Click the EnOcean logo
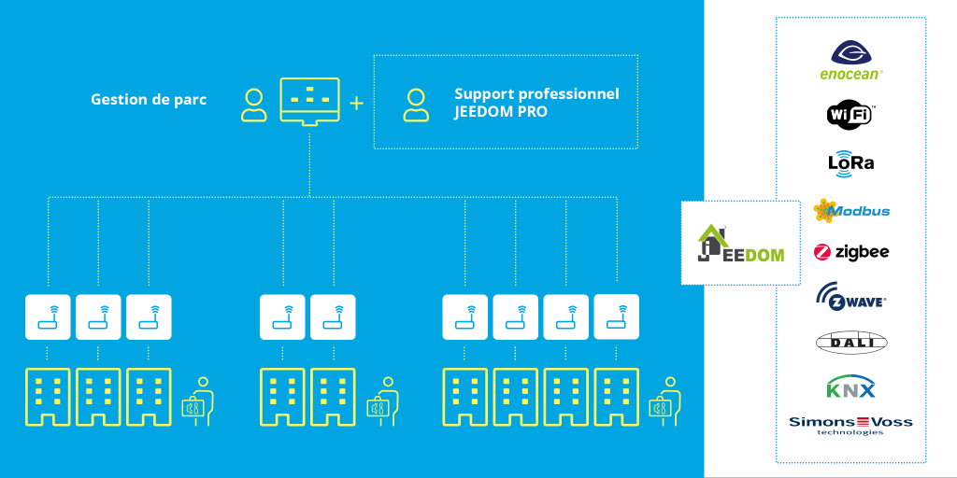tap(850, 60)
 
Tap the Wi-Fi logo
tap(850, 114)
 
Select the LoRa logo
tap(850, 162)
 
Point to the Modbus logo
tap(850, 211)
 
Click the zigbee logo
tap(850, 252)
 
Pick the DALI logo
tap(850, 343)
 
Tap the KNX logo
tap(850, 387)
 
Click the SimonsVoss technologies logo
tap(850, 424)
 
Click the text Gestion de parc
tap(149, 99)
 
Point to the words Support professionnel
tap(536, 94)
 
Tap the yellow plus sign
tap(356, 103)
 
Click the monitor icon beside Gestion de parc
tap(309, 100)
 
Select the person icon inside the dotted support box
tap(416, 105)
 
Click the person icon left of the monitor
tap(253, 105)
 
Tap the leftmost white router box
tap(48, 316)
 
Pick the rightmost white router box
tap(616, 316)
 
